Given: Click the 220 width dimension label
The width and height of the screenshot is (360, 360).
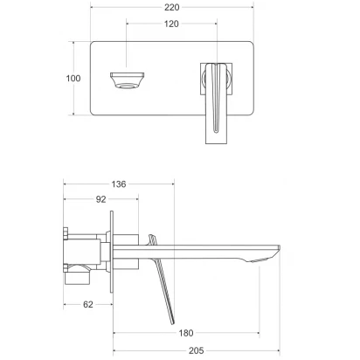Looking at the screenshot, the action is pos(171,7).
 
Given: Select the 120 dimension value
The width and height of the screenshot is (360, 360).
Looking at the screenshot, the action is pos(171,24).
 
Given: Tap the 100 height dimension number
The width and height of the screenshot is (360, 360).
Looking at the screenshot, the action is pos(73,78).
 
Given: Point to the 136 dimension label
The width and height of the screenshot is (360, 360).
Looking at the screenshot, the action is pos(119,184).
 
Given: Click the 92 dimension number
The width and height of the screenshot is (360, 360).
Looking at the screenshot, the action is pos(100,199).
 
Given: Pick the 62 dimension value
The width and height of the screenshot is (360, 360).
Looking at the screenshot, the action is pos(88,304).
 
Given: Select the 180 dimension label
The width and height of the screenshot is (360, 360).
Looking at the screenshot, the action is pos(186,333).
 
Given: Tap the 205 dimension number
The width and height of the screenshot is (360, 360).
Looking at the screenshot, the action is pos(196,350).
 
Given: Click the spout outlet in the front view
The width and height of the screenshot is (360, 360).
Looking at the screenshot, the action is pos(128,80).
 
